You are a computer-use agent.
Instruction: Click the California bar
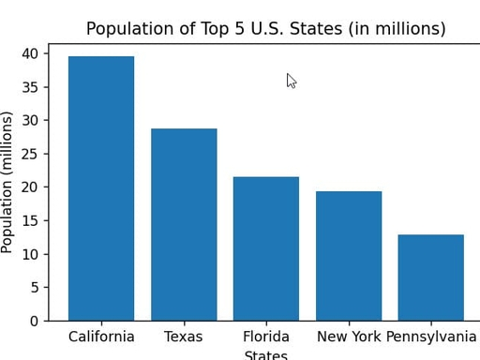coord(101,188)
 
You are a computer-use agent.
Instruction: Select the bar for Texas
coord(184,225)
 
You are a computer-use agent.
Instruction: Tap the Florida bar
coord(266,248)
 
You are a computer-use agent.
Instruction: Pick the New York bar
coord(349,256)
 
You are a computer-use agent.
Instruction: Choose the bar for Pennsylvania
coord(431,277)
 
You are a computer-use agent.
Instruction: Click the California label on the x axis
coord(101,337)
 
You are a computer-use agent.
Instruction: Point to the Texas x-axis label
coord(184,337)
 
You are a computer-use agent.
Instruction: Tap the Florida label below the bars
coord(266,337)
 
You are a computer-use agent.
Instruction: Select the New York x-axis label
coord(349,337)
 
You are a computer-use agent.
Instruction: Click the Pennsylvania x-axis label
coord(431,337)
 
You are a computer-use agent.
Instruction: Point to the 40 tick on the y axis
coord(30,53)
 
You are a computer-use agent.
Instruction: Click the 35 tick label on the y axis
coord(30,87)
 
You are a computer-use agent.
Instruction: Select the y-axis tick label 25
coord(30,154)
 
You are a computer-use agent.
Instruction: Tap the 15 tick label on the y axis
coord(30,220)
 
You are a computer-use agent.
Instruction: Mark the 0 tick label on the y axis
coord(35,321)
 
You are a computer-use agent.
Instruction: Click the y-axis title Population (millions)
coord(7,182)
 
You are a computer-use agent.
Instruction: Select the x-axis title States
coord(266,355)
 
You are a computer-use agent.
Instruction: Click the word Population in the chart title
coord(130,29)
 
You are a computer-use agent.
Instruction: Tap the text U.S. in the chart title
coord(268,28)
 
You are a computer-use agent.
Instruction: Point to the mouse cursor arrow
coord(291,81)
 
